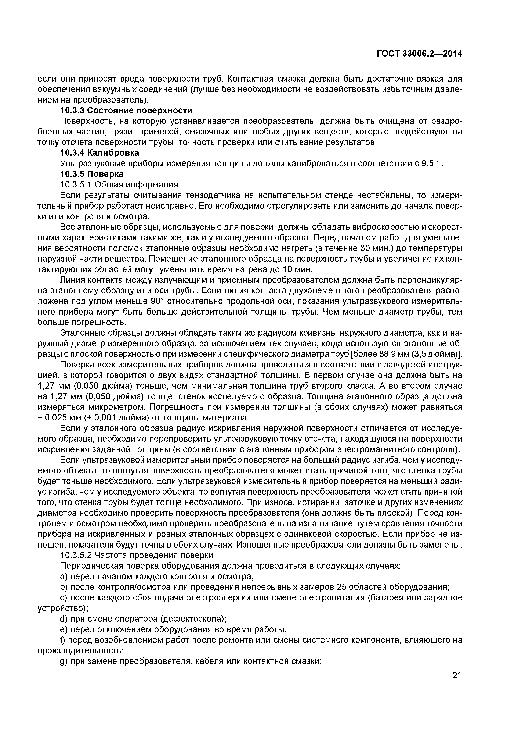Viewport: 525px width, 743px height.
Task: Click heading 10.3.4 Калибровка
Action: click(100, 153)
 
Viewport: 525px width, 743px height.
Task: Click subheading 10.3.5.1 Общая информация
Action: click(119, 185)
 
